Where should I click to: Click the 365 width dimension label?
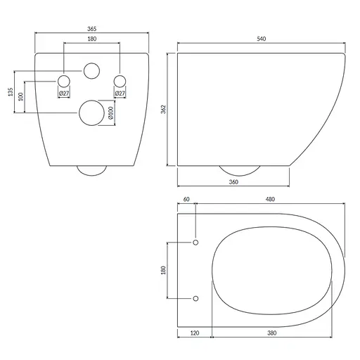[92, 29]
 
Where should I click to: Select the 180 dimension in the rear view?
[92, 39]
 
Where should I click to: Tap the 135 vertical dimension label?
[11, 92]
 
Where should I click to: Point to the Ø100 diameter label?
[110, 112]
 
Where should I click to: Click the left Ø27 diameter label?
[64, 94]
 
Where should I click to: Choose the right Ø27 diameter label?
[120, 94]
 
